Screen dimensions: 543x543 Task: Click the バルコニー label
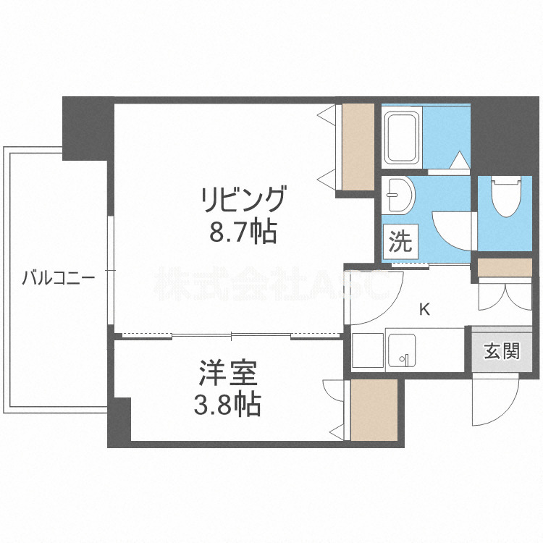click(58, 277)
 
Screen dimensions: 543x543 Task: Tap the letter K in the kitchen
click(425, 310)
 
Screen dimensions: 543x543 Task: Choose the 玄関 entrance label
click(502, 352)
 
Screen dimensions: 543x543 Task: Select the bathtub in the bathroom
click(402, 138)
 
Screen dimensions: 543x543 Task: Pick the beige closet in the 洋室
click(374, 410)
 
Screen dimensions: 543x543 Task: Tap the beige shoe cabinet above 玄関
click(504, 268)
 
